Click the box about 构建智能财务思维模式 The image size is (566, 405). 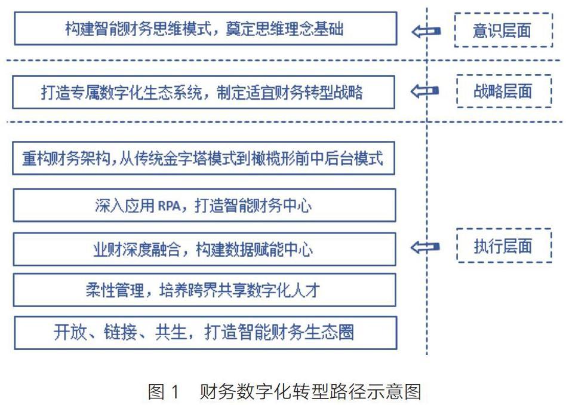coord(205,28)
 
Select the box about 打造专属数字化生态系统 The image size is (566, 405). coord(204,92)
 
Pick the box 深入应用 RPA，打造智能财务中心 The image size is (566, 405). coord(204,205)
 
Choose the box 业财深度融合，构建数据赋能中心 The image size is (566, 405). coord(204,249)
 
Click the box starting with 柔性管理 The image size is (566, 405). coord(204,290)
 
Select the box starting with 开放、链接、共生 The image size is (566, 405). coord(204,332)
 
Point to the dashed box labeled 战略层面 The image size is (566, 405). coord(503,91)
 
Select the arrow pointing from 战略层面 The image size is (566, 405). coord(425,91)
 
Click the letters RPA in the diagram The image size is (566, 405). coord(170,205)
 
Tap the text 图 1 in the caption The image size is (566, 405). coord(163,391)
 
